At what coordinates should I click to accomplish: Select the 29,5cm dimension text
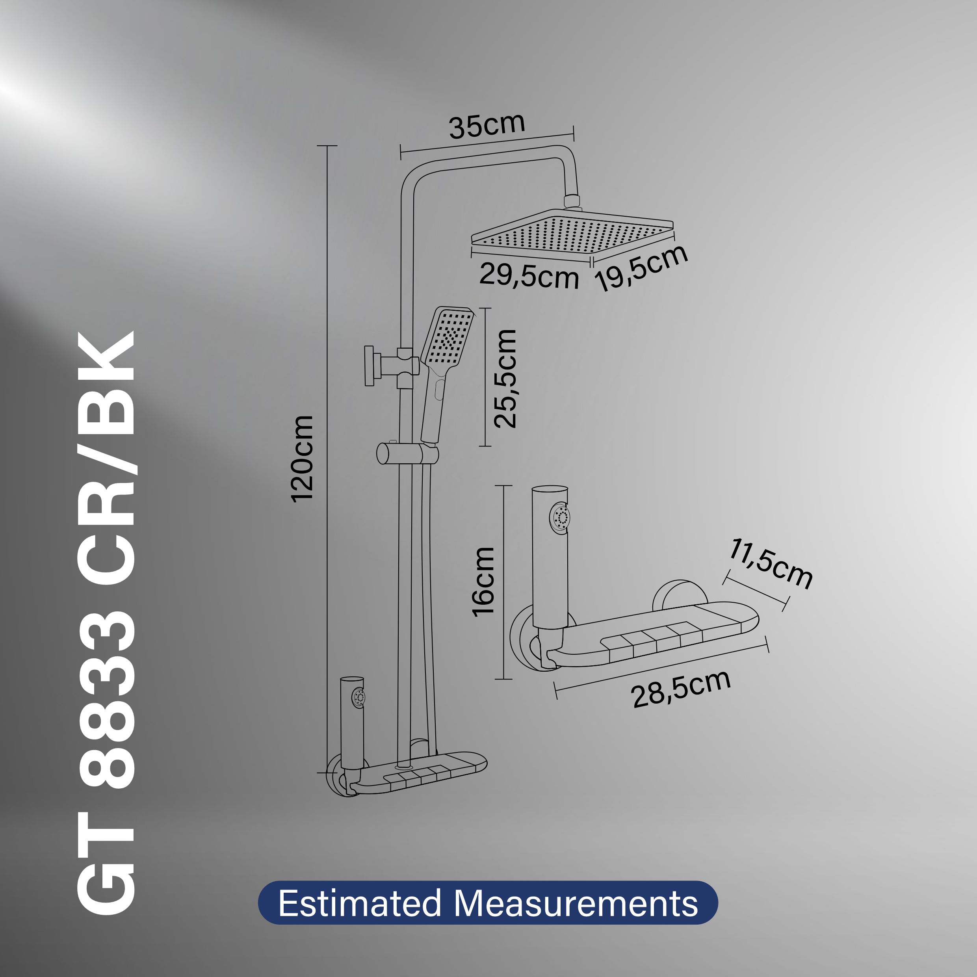pyautogui.click(x=528, y=276)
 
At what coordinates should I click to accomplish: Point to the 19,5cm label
pyautogui.click(x=641, y=267)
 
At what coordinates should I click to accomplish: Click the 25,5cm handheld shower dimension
pyautogui.click(x=505, y=379)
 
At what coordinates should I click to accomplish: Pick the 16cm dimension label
pyautogui.click(x=483, y=581)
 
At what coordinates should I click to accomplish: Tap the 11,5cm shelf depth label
pyautogui.click(x=770, y=564)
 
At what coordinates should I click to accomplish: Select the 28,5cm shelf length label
pyautogui.click(x=681, y=689)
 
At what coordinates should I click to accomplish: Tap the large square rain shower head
pyautogui.click(x=572, y=234)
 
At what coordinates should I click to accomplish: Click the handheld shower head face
pyautogui.click(x=449, y=338)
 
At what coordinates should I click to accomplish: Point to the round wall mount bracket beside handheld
pyautogui.click(x=370, y=366)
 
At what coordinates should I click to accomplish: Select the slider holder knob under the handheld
pyautogui.click(x=385, y=453)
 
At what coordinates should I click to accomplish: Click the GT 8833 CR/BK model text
pyautogui.click(x=107, y=622)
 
